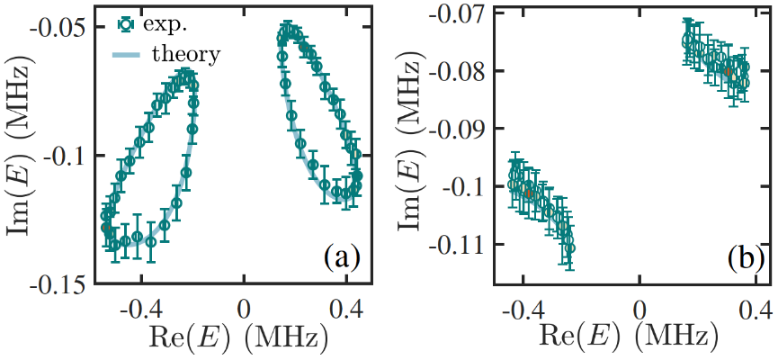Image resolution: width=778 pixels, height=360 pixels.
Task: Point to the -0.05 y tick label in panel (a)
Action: pyautogui.click(x=64, y=26)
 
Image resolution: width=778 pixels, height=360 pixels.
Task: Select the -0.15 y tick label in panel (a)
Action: pyautogui.click(x=64, y=285)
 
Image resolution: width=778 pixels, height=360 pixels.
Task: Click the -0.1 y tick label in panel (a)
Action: pyautogui.click(x=70, y=156)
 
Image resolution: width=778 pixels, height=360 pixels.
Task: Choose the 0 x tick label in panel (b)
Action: pyautogui.click(x=639, y=309)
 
